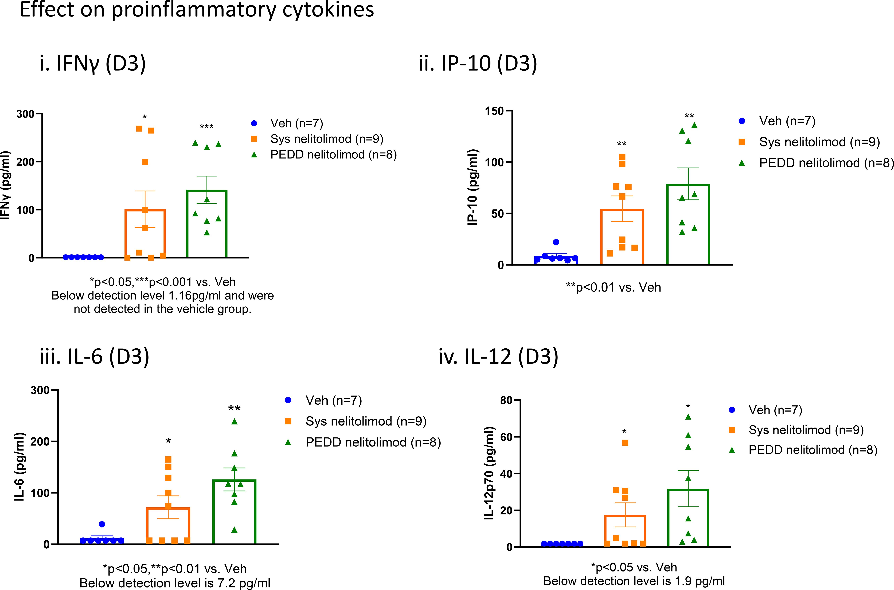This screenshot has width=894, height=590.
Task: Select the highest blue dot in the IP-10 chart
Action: click(x=556, y=242)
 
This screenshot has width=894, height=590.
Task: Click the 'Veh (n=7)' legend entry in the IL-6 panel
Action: click(x=333, y=400)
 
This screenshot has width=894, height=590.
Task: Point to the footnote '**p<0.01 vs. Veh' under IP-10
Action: click(x=613, y=288)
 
